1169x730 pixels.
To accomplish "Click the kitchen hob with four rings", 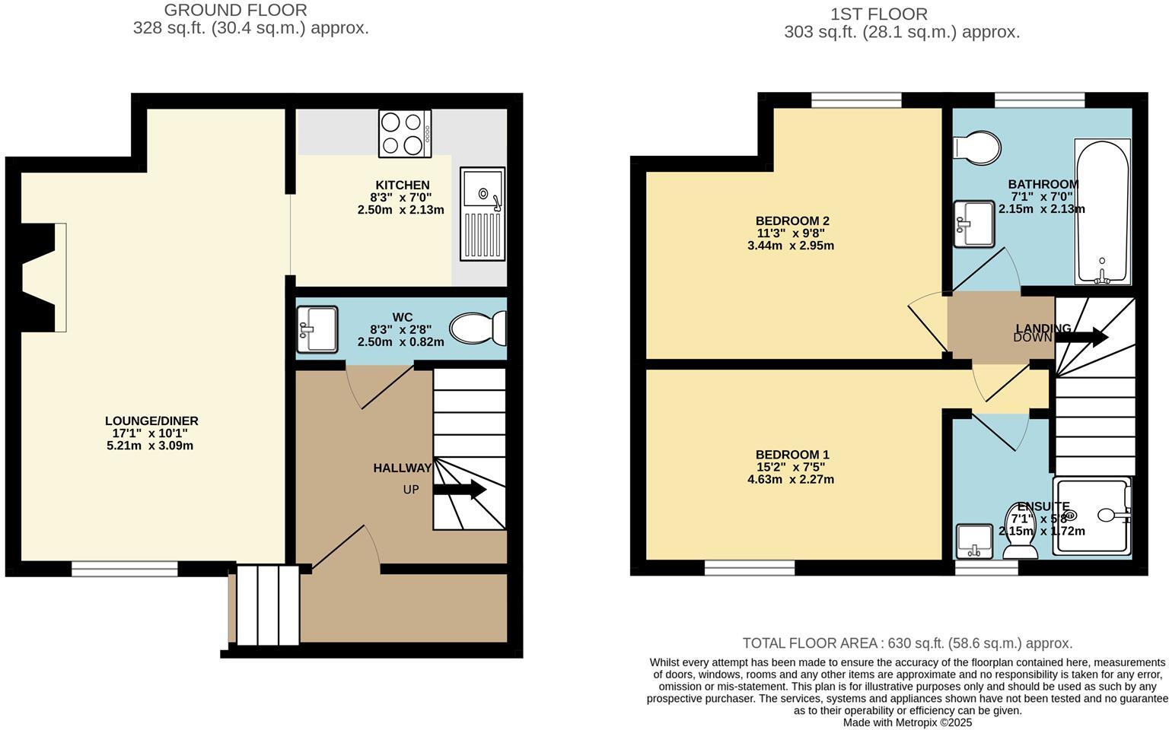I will point(405,133).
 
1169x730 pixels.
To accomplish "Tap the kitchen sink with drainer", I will point(483,214).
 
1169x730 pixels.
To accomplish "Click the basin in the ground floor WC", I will point(317,329).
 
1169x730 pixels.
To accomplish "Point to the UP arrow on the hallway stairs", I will point(460,489).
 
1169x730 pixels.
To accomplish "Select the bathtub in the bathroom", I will point(1101,211).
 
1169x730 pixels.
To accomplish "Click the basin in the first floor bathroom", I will point(974,224).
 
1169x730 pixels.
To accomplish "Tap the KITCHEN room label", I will point(402,185).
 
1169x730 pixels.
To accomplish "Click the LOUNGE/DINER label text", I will point(151,421).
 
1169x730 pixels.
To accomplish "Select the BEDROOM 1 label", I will point(791,455).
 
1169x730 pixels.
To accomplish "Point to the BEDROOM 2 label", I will point(791,221).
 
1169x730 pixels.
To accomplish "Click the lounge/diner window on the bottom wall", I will point(125,567).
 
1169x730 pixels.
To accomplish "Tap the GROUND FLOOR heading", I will point(236,11).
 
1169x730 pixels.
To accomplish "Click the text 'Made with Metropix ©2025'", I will point(907,722).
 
